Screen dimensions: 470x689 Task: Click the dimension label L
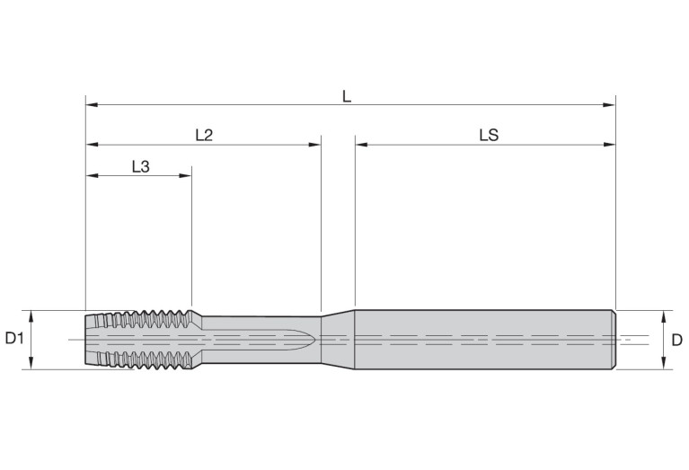(x=347, y=94)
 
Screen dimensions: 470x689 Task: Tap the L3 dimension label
(x=140, y=165)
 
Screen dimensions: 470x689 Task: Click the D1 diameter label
(x=13, y=339)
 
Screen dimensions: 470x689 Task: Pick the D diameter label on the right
(x=676, y=339)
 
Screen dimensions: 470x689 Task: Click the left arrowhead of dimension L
(x=90, y=105)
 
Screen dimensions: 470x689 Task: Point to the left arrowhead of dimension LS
(x=360, y=143)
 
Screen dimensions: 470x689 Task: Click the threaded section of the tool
(x=144, y=339)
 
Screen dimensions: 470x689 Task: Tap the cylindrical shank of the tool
(x=485, y=339)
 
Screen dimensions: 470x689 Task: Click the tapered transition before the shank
(x=338, y=339)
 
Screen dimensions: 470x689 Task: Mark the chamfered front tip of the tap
(x=91, y=339)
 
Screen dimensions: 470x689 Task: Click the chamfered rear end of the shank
(x=614, y=339)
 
